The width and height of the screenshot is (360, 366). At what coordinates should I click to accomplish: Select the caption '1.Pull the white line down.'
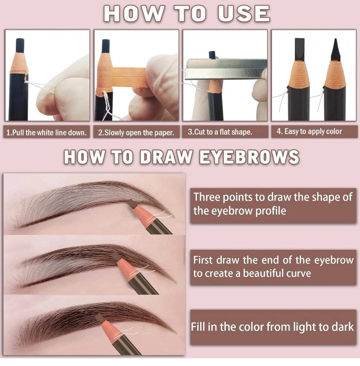pyautogui.click(x=47, y=133)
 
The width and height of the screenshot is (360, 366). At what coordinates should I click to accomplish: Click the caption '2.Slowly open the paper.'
pyautogui.click(x=136, y=133)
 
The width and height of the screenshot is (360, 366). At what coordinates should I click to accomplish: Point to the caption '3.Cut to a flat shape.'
pyautogui.click(x=220, y=132)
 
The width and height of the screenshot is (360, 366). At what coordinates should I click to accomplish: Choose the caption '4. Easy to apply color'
pyautogui.click(x=309, y=132)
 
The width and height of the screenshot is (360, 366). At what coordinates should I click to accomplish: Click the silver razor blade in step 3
pyautogui.click(x=225, y=69)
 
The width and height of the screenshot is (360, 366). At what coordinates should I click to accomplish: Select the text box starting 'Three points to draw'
pyautogui.click(x=273, y=204)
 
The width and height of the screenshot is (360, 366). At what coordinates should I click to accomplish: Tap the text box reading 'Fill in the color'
pyautogui.click(x=273, y=327)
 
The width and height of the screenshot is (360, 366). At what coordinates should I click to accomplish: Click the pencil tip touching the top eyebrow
pyautogui.click(x=132, y=203)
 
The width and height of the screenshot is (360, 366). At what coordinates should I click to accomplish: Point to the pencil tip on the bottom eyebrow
pyautogui.click(x=100, y=317)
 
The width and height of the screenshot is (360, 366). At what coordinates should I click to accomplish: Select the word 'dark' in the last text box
pyautogui.click(x=343, y=327)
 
